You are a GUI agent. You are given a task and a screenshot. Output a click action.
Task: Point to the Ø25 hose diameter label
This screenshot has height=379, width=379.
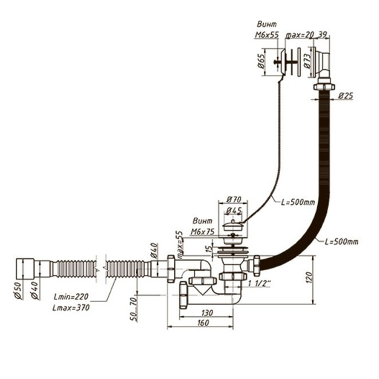pyautogui.click(x=345, y=96)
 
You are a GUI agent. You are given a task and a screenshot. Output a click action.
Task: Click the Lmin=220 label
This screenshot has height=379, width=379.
pyautogui.click(x=71, y=297)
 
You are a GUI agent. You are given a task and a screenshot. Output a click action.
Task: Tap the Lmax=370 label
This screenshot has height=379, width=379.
pyautogui.click(x=71, y=307)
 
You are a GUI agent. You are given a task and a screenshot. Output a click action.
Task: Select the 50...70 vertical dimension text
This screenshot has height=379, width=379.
pyautogui.click(x=133, y=307)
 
